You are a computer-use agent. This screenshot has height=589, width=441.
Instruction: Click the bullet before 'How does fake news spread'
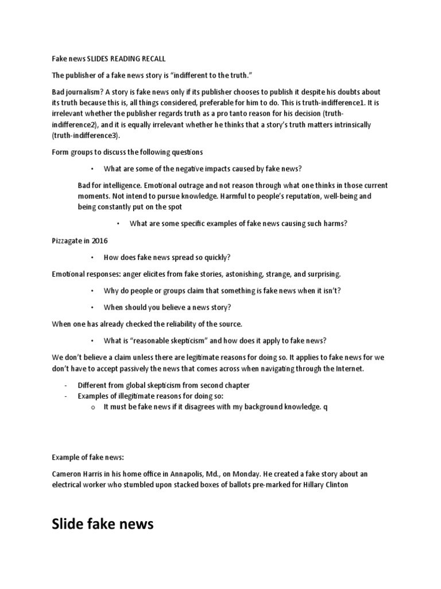click(92, 257)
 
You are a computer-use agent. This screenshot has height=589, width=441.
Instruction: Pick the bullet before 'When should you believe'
click(92, 307)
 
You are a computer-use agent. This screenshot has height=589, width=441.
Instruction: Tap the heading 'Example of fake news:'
click(88, 457)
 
